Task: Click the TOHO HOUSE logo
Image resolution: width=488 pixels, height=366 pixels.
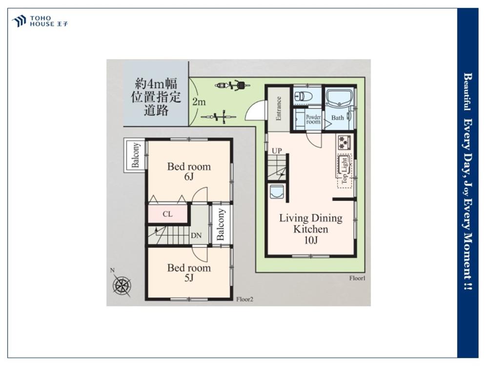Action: tap(40, 21)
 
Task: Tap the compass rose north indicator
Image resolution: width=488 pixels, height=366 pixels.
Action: tap(122, 284)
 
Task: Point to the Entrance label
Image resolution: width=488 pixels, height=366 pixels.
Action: tap(279, 108)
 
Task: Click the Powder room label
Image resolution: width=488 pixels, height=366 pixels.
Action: tap(313, 120)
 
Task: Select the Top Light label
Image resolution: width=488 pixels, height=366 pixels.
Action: tap(344, 170)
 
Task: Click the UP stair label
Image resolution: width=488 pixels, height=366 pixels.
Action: tap(277, 151)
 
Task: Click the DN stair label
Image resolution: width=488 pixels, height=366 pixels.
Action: tap(196, 236)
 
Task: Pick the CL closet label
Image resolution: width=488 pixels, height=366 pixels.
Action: tap(167, 214)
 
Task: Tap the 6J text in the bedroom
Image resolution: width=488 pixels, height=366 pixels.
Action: tap(189, 177)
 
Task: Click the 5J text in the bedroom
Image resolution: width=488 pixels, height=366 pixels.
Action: tap(189, 278)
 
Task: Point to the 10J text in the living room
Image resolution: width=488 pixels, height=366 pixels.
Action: tap(311, 240)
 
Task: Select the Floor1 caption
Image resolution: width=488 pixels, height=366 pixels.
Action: tap(357, 278)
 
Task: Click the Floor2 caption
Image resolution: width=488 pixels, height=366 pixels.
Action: tap(244, 300)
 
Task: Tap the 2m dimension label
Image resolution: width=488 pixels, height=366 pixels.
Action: tap(199, 102)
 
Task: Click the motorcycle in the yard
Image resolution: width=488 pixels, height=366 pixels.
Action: tap(232, 85)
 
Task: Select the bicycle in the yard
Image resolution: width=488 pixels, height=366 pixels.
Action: tap(218, 117)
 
